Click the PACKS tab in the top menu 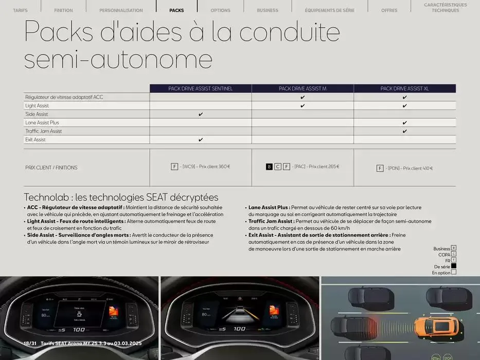176,10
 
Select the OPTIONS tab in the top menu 220,10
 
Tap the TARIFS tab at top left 20,10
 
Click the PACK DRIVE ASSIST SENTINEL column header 201,88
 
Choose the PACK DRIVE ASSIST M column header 303,88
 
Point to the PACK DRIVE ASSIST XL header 404,88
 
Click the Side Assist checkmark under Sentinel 201,114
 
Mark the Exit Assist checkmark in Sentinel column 201,140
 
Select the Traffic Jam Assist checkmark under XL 405,131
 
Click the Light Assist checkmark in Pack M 303,105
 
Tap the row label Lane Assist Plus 42,123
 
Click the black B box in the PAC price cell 269,167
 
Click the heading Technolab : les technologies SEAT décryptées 121,197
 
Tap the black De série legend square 453,266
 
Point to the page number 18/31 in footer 30,343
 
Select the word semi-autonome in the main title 118,60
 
